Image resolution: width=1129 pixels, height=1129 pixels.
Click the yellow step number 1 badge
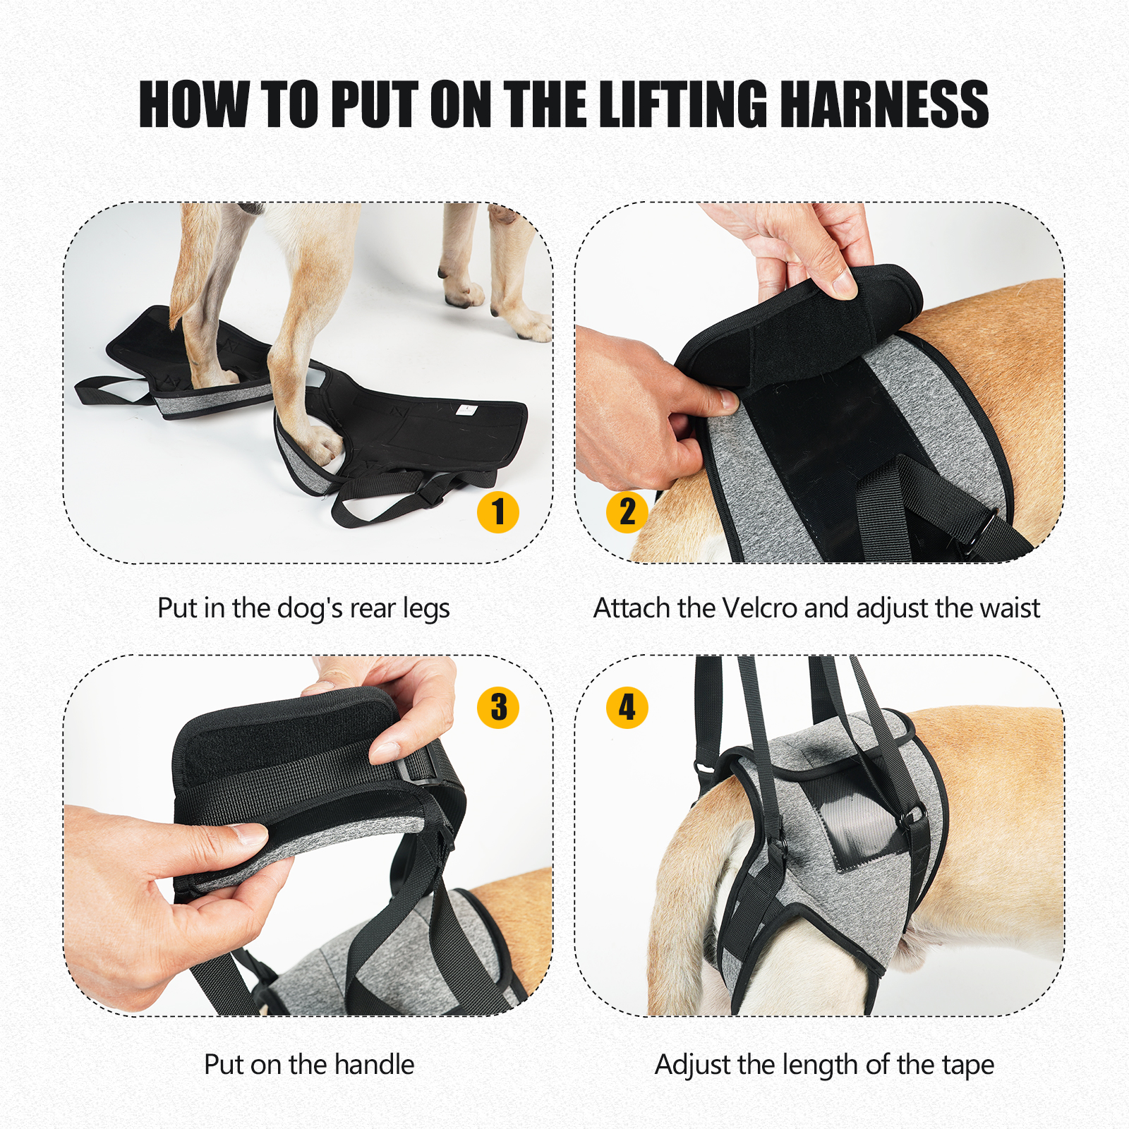tap(498, 512)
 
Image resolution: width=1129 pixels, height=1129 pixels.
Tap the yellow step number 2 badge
tap(627, 512)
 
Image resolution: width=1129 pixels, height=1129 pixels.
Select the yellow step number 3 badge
tap(498, 707)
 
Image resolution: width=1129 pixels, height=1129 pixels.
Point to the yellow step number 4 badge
tap(627, 707)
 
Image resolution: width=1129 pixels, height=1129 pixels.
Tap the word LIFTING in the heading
tap(683, 104)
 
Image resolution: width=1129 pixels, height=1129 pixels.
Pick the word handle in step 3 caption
tap(374, 1065)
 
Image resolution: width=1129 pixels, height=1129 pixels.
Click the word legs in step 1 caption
tap(426, 609)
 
